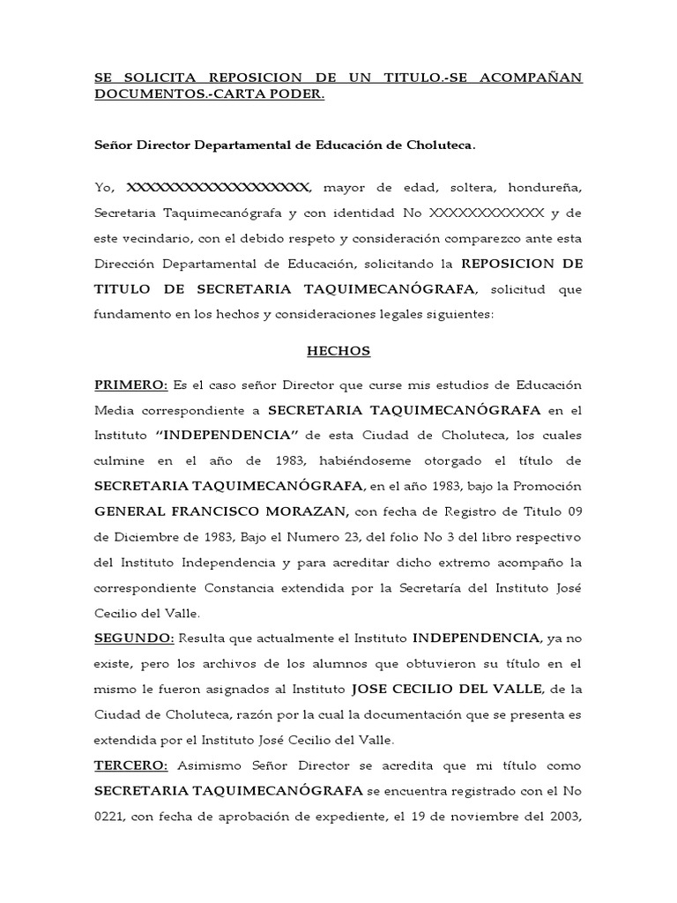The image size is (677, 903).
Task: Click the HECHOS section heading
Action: click(x=338, y=351)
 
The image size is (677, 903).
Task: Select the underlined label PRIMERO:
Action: click(x=131, y=384)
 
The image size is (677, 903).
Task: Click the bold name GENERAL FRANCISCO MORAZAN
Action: click(x=222, y=511)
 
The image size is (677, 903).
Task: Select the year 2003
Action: click(x=562, y=816)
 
